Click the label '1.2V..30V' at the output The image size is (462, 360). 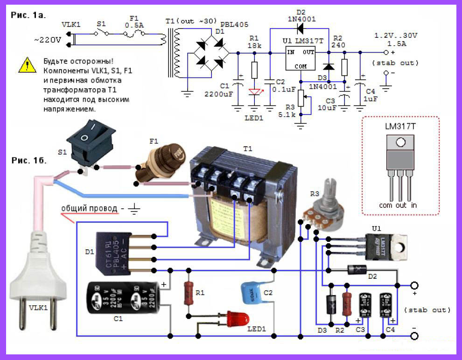click(396, 36)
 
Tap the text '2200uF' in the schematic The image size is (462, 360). click(218, 93)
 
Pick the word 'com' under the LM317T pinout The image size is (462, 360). click(385, 205)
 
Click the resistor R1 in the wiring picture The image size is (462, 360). click(189, 293)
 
